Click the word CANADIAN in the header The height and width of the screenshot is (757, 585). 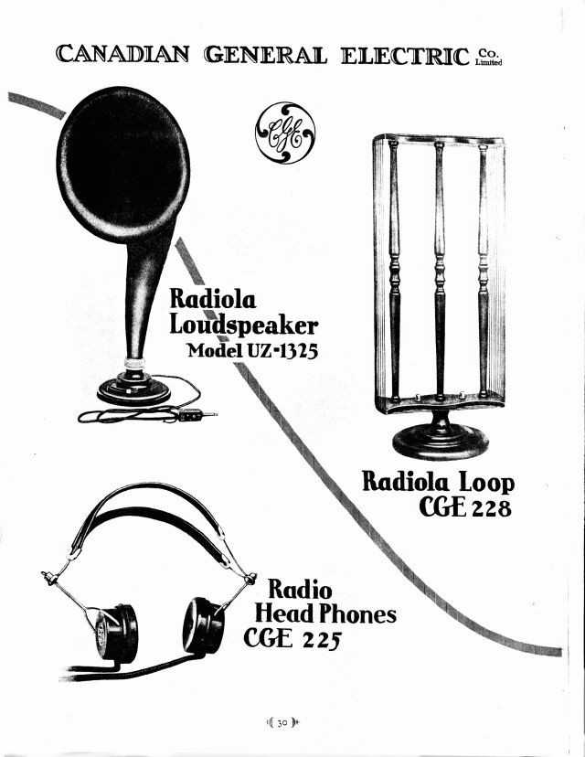point(122,54)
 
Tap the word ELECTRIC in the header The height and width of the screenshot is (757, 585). point(406,56)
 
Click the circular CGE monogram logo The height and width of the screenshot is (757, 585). point(285,133)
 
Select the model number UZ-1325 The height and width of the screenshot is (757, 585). point(282,350)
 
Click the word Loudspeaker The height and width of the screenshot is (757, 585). point(244,325)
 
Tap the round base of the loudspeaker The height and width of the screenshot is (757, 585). point(133,391)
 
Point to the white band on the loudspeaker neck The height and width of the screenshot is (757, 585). point(134,363)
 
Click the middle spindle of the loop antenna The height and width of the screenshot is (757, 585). point(440,272)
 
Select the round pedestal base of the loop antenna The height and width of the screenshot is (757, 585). point(441,441)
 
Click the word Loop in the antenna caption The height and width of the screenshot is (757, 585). point(486,482)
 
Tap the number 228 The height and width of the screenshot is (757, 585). point(492,508)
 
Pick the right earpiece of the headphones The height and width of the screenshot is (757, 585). point(204,625)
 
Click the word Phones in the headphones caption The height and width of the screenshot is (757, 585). point(357,614)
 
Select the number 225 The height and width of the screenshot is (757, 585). point(322,640)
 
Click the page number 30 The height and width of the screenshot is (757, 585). point(282,723)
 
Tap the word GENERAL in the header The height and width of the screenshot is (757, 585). point(265,55)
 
